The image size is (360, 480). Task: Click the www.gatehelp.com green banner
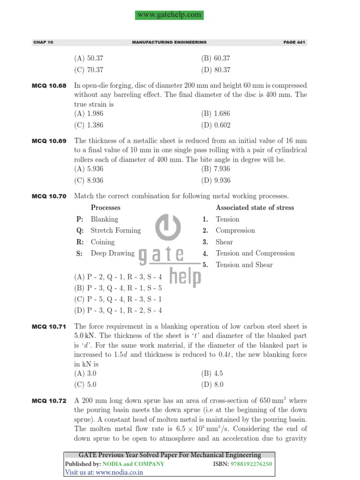[170, 15]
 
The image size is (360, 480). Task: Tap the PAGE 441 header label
[294, 42]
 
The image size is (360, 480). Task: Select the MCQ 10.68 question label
[49, 86]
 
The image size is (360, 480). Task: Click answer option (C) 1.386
[89, 125]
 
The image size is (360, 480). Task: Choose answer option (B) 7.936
[216, 169]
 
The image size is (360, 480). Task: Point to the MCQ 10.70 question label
[49, 196]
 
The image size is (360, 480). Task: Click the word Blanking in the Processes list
[105, 219]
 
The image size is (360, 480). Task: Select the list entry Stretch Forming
[115, 230]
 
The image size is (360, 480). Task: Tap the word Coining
[102, 242]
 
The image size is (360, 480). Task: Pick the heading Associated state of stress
[255, 207]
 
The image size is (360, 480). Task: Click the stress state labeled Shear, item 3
[224, 242]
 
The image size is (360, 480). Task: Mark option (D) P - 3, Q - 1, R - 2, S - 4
[118, 310]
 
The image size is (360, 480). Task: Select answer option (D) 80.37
[216, 70]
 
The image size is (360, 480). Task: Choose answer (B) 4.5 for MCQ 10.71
[212, 373]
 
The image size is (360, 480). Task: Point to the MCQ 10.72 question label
[49, 401]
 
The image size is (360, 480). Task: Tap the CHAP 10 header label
[44, 42]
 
